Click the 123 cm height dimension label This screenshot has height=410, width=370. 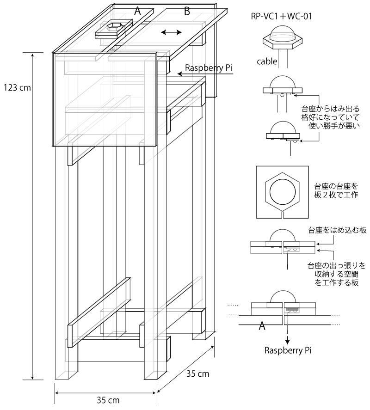17,87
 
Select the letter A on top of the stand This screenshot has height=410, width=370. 137,12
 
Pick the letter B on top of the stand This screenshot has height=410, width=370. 187,12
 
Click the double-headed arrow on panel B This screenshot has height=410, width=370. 171,32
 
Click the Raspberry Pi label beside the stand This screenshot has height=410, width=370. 208,68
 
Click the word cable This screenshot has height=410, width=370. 268,61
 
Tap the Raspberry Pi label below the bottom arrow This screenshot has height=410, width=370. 288,350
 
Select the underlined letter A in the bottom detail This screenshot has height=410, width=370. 262,326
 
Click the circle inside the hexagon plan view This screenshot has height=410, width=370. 282,191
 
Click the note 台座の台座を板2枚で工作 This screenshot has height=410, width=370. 336,191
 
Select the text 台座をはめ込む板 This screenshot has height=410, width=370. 337,230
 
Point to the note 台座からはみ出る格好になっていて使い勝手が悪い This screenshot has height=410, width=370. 330,118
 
